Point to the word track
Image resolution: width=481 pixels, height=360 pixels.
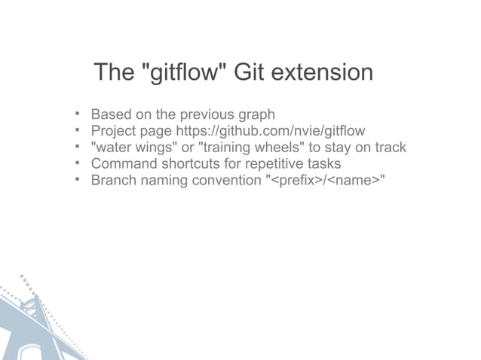(x=388, y=147)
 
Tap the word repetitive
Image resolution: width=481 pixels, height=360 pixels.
(x=271, y=163)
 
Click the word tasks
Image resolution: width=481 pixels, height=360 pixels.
(x=324, y=163)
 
